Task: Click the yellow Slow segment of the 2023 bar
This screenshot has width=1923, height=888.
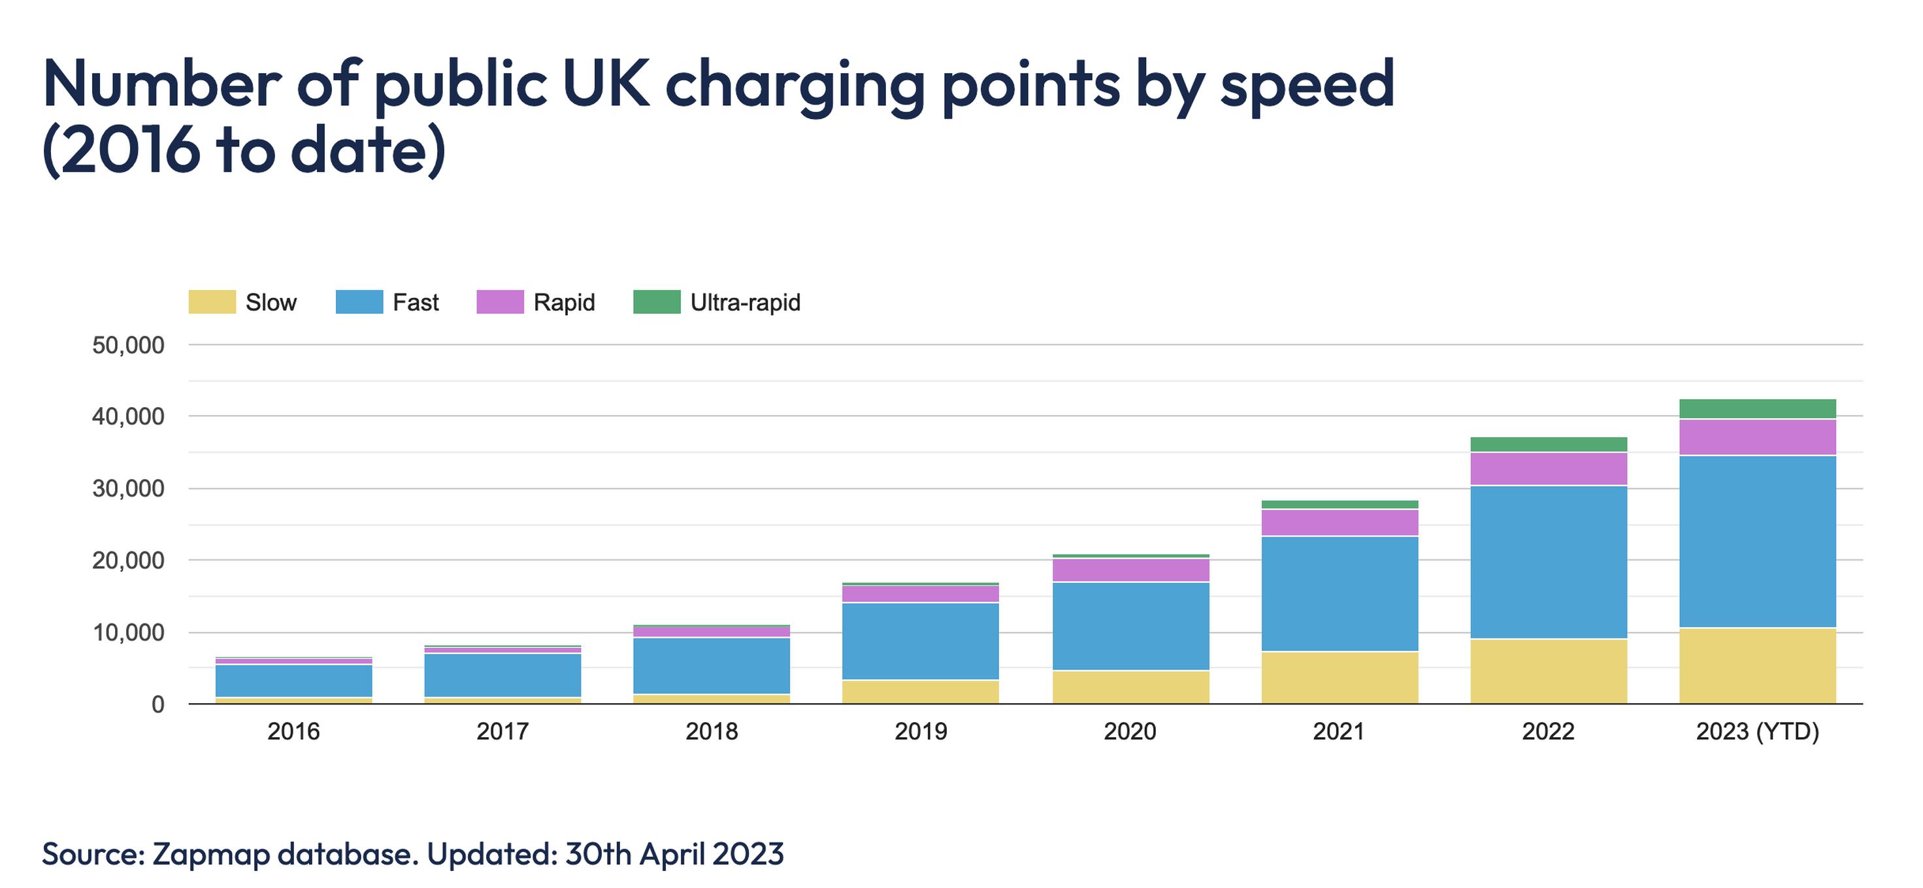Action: [x=1757, y=666]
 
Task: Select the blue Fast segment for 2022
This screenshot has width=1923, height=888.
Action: [x=1548, y=562]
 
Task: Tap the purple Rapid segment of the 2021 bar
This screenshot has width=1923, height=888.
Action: [x=1340, y=522]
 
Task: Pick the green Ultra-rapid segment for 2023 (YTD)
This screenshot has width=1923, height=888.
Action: [x=1757, y=409]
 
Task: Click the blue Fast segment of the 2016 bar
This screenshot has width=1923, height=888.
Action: [x=293, y=681]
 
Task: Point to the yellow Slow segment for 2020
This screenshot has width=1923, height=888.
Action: [x=1130, y=687]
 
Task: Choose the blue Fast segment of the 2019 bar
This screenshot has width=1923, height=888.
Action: [x=921, y=641]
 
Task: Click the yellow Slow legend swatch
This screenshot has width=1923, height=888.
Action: [x=212, y=303]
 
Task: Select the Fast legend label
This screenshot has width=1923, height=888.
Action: [x=416, y=303]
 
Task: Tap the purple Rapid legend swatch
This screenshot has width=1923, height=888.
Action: [x=499, y=303]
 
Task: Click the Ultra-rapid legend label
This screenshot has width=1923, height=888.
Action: [x=745, y=303]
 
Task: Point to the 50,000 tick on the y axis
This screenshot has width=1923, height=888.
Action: [x=129, y=346]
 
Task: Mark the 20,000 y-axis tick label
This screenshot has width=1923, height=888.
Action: [x=129, y=561]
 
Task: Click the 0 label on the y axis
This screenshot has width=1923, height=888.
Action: [x=157, y=704]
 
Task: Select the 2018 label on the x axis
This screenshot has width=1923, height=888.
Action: [x=712, y=731]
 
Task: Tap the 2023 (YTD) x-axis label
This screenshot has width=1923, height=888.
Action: [x=1757, y=731]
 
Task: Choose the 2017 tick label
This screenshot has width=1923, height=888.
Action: [x=502, y=731]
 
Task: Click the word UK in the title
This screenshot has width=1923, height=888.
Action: [x=604, y=84]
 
